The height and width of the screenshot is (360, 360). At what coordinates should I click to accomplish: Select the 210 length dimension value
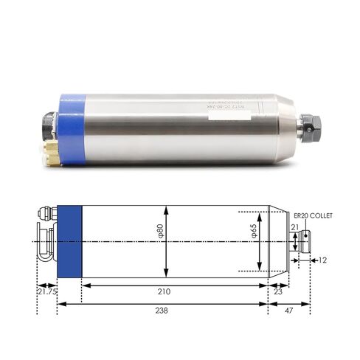point(174,292)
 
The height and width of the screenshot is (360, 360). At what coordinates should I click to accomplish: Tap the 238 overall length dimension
point(162,311)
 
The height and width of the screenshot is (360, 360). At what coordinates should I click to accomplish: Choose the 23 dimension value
point(277,292)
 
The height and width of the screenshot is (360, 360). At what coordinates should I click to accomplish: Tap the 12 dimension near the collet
point(323,260)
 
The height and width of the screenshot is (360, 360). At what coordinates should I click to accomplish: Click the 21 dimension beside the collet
point(294,228)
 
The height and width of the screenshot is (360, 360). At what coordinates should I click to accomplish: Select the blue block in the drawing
point(69,242)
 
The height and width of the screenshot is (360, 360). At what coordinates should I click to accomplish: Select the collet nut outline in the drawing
point(305,241)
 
